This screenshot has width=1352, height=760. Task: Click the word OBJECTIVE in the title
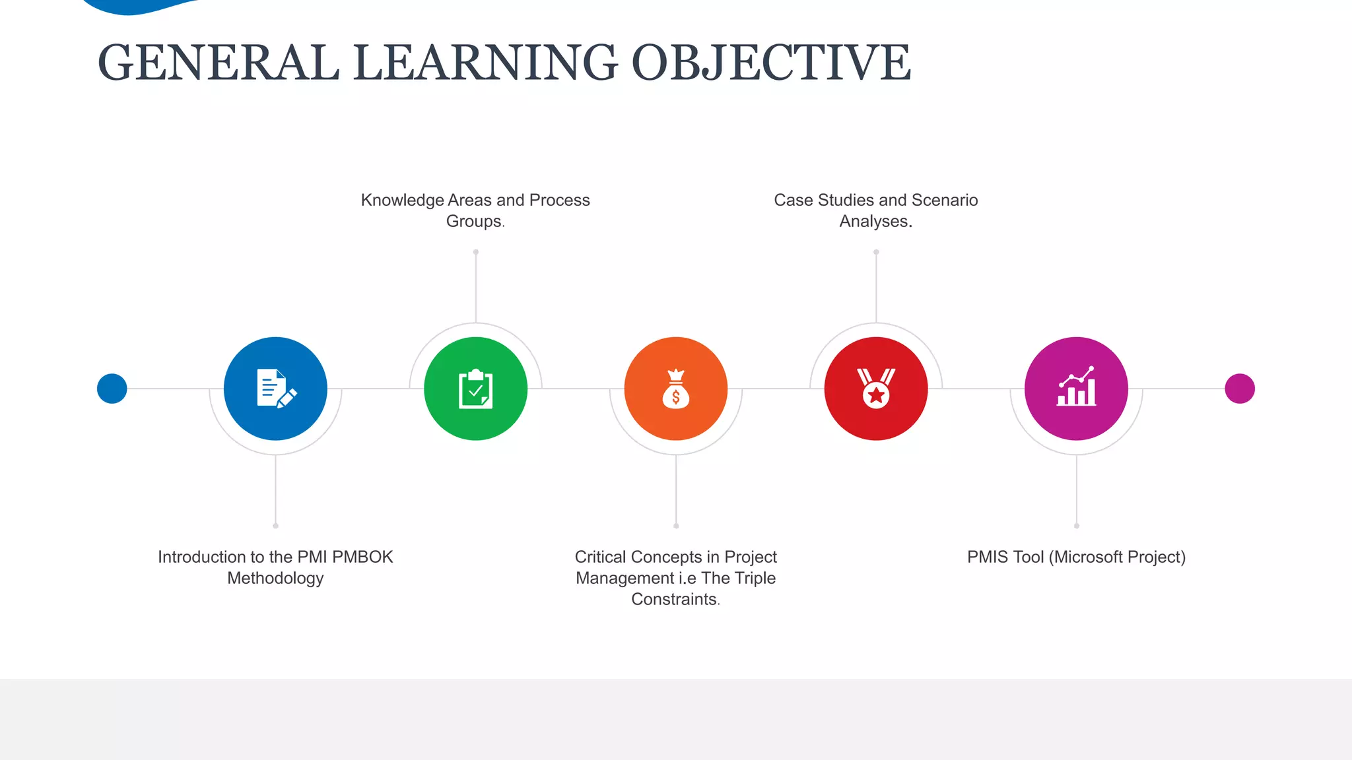[771, 63]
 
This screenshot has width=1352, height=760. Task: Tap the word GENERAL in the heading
[219, 63]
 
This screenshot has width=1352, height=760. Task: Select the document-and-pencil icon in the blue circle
[276, 389]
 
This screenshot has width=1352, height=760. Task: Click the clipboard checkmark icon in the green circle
[476, 389]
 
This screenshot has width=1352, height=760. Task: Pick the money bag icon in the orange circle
[676, 389]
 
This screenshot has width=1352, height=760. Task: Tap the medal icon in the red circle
[876, 389]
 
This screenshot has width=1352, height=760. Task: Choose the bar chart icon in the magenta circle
[1076, 388]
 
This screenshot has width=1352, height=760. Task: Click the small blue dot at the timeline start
[112, 389]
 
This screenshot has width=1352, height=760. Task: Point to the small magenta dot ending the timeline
[1240, 389]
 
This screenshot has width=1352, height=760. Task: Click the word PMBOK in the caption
[362, 557]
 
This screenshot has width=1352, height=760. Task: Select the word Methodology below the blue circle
[275, 578]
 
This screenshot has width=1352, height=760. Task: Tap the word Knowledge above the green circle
[402, 200]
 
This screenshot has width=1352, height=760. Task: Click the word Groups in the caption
[473, 221]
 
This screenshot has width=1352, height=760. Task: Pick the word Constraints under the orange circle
[674, 599]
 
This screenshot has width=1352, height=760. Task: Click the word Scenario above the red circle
[945, 200]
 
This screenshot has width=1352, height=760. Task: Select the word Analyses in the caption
[874, 221]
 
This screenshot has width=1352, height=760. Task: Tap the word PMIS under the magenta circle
[988, 557]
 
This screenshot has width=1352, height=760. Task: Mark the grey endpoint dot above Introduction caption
[275, 526]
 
